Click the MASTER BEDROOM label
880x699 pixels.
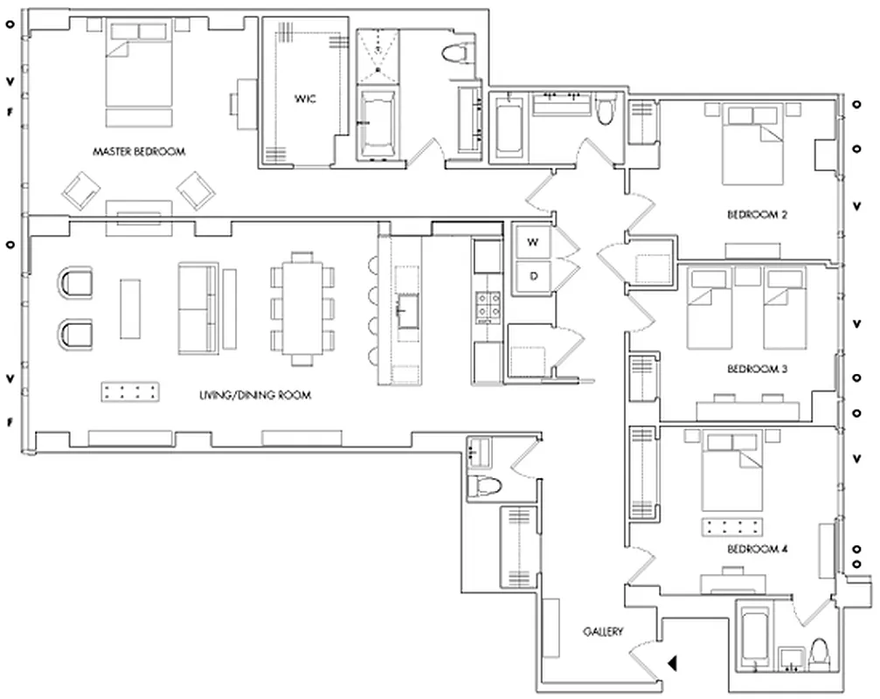(x=139, y=151)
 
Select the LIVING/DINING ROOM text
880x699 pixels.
(x=254, y=396)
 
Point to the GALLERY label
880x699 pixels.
(x=603, y=631)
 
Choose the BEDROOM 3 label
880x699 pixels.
(x=758, y=370)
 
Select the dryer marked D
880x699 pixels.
(x=532, y=277)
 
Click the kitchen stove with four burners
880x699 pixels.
(x=487, y=305)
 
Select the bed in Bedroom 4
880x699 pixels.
(x=731, y=475)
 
